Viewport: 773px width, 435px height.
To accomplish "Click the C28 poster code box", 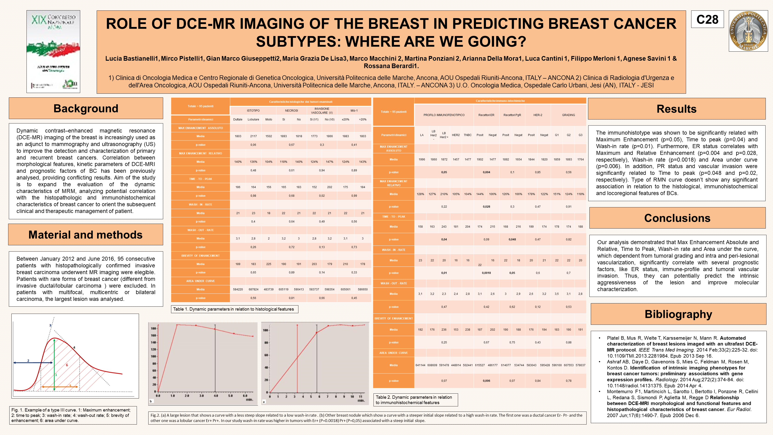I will [x=707, y=20].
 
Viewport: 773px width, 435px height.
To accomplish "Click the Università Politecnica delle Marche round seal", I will [x=748, y=31].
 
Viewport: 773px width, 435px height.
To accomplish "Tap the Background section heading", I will [x=86, y=108].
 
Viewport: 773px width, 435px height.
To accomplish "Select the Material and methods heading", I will [x=86, y=235].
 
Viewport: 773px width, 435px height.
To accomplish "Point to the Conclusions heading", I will [x=677, y=218].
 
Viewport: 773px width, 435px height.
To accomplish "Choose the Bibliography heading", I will [x=678, y=314].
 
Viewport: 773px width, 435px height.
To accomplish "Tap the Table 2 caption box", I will [x=415, y=400].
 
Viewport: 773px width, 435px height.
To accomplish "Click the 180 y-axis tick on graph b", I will [x=153, y=329].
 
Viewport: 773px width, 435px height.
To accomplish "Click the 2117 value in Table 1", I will [x=254, y=136].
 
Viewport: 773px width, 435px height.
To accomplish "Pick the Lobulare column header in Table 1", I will [x=253, y=120].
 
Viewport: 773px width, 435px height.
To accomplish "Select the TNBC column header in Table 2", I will [x=468, y=135].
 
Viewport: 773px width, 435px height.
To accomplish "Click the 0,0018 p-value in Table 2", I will [x=486, y=273].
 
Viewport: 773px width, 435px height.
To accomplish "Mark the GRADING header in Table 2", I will [x=568, y=115].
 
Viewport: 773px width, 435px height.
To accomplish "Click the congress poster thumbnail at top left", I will [x=53, y=52].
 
